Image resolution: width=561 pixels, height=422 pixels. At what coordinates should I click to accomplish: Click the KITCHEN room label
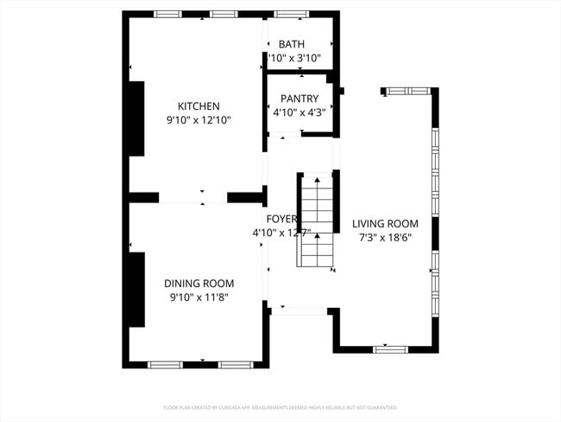pyautogui.click(x=199, y=106)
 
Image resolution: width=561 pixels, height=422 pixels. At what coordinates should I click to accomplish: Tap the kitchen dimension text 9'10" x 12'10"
pyautogui.click(x=199, y=121)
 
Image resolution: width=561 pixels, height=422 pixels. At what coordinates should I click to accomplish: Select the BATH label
pyautogui.click(x=292, y=44)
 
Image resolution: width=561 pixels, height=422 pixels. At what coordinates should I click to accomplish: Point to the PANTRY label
pyautogui.click(x=299, y=99)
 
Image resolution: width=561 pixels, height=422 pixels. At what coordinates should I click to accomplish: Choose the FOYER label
pyautogui.click(x=281, y=219)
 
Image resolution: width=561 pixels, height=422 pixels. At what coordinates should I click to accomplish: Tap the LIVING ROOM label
pyautogui.click(x=386, y=223)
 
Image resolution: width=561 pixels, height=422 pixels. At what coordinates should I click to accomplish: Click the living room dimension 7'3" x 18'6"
pyautogui.click(x=386, y=237)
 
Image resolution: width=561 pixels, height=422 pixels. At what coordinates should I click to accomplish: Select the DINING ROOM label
pyautogui.click(x=199, y=283)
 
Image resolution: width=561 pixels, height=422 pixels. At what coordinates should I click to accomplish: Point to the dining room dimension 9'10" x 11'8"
pyautogui.click(x=199, y=297)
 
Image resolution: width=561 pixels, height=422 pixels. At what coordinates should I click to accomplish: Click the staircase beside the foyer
pyautogui.click(x=316, y=221)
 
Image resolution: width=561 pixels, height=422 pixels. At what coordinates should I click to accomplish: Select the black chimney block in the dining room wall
pyautogui.click(x=136, y=289)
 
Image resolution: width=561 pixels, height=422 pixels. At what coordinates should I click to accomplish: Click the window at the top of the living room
pyautogui.click(x=399, y=91)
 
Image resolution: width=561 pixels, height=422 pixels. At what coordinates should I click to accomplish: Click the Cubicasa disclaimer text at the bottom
pyautogui.click(x=280, y=406)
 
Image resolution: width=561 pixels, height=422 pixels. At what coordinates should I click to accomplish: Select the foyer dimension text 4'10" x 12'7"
pyautogui.click(x=281, y=233)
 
